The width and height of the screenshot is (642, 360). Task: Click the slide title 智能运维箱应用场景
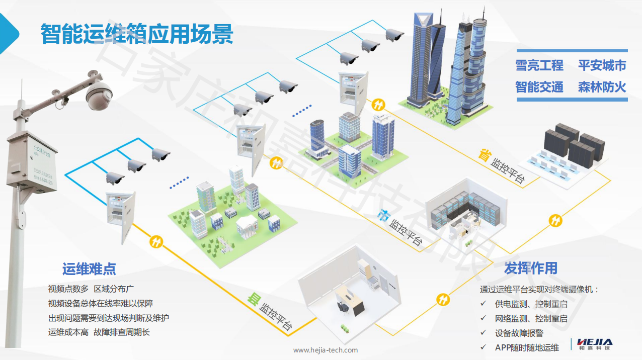[137, 34]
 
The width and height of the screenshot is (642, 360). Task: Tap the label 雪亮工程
[539, 65]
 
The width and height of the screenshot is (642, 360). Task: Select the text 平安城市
[602, 65]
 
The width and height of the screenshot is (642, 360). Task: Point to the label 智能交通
[539, 86]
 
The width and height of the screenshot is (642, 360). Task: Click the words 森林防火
[602, 86]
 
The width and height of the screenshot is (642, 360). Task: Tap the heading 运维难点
[89, 269]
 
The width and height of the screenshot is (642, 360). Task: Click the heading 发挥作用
[530, 268]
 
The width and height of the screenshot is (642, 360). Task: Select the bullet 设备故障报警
[519, 333]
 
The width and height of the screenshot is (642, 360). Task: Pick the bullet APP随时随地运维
[527, 347]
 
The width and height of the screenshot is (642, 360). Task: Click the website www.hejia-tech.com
[325, 350]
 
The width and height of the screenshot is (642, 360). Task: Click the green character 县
[252, 300]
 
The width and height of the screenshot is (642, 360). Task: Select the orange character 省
[484, 155]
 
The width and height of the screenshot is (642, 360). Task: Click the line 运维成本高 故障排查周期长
[99, 332]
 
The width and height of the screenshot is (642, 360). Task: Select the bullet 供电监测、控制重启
[531, 304]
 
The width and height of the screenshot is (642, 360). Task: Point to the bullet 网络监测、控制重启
[531, 318]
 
